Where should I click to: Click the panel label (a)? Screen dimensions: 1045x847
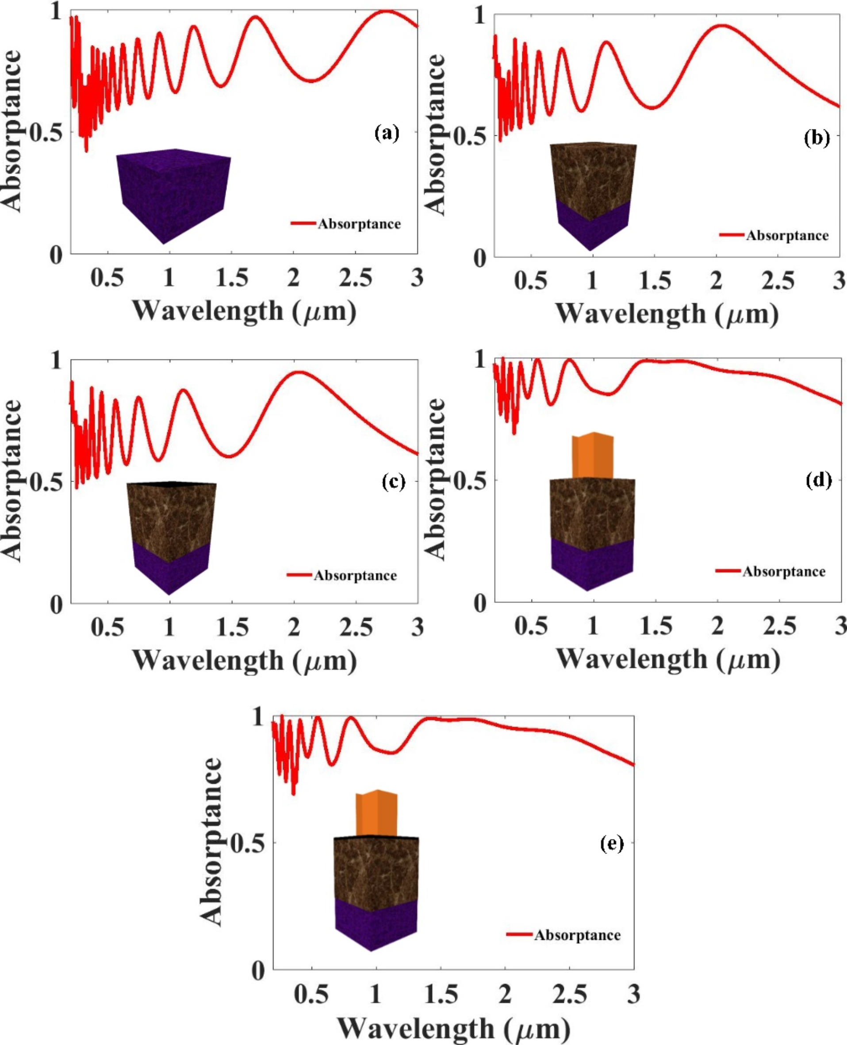[387, 133]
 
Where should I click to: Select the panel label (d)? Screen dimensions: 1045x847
[818, 480]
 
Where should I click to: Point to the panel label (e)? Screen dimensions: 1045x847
[611, 842]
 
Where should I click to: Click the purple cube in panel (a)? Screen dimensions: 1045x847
[173, 195]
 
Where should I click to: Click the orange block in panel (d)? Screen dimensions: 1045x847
[593, 456]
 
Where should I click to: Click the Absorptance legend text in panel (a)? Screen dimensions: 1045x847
[359, 224]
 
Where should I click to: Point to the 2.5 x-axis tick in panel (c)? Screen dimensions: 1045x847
[356, 628]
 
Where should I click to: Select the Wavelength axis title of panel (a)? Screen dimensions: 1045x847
[244, 311]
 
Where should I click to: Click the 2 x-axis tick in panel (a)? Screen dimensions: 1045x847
[293, 278]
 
